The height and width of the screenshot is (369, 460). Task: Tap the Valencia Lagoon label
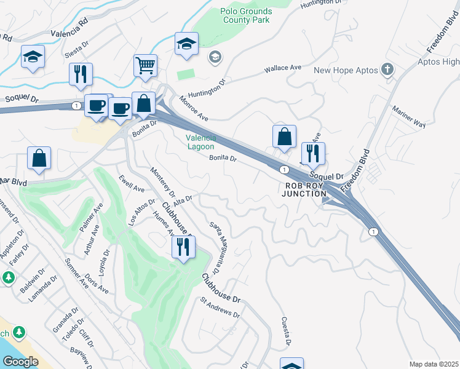click(x=200, y=142)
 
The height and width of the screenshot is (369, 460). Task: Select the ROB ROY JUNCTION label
click(x=304, y=189)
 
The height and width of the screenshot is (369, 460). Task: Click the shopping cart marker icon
click(x=146, y=65)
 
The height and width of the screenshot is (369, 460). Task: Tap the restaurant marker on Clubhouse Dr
click(x=183, y=247)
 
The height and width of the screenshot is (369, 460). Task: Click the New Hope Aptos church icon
click(x=387, y=70)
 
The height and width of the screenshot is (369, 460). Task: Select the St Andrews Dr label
click(x=220, y=309)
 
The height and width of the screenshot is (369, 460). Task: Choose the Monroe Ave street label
click(x=194, y=109)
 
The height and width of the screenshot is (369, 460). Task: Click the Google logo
click(x=20, y=362)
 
